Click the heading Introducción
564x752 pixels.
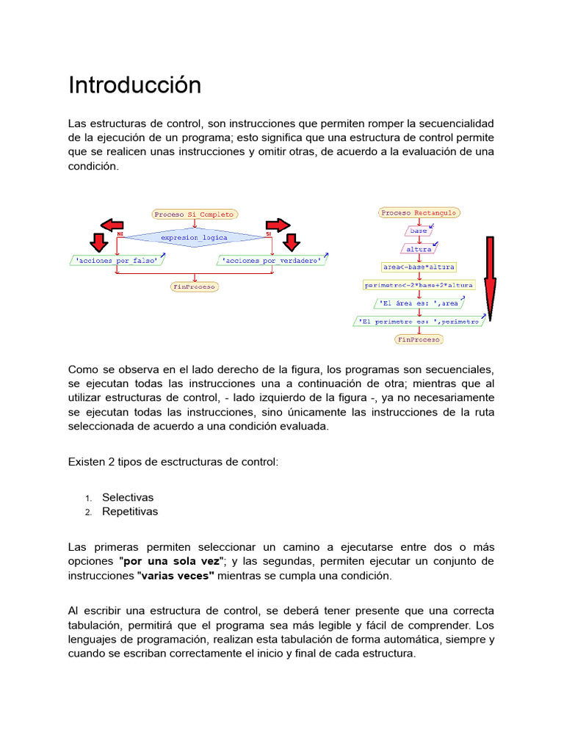pos(134,85)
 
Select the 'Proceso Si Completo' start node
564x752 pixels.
pos(195,214)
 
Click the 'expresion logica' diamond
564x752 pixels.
pos(195,237)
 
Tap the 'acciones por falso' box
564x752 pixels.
pos(117,260)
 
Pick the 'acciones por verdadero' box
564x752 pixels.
pos(271,260)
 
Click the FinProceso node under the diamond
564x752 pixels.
pos(194,286)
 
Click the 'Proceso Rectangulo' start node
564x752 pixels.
pos(419,212)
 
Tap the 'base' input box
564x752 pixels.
pos(418,231)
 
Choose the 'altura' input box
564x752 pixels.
pos(419,248)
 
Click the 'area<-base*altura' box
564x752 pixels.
pos(419,266)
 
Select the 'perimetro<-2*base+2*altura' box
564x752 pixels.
pos(419,284)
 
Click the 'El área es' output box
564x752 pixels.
pos(419,303)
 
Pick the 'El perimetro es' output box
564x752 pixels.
pos(419,321)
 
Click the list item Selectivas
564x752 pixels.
pos(128,497)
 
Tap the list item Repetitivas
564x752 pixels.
pos(130,511)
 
